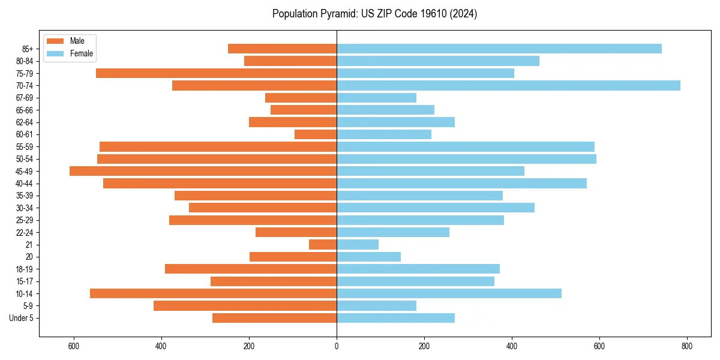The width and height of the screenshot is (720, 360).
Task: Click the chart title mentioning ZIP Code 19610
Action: pyautogui.click(x=374, y=14)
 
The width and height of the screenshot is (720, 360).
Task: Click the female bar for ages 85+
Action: pyautogui.click(x=499, y=49)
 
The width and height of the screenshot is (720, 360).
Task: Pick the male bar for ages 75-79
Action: pyautogui.click(x=216, y=73)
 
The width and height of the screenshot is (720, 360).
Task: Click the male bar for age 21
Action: pyautogui.click(x=323, y=245)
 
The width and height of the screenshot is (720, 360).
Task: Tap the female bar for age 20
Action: pyautogui.click(x=368, y=257)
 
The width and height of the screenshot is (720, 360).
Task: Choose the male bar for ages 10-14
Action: pyautogui.click(x=213, y=293)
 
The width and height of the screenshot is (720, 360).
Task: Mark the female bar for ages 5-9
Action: pyautogui.click(x=376, y=306)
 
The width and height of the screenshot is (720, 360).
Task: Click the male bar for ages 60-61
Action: pyautogui.click(x=316, y=134)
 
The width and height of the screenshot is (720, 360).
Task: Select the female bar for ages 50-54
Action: pyautogui.click(x=466, y=159)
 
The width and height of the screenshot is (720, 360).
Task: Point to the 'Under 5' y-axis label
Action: pyautogui.click(x=22, y=318)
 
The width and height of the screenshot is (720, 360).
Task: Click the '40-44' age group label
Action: pyautogui.click(x=24, y=184)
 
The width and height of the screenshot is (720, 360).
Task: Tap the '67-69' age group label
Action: pyautogui.click(x=24, y=98)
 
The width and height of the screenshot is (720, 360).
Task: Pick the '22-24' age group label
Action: pyautogui.click(x=24, y=233)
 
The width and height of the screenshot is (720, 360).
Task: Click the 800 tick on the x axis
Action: pyautogui.click(x=687, y=346)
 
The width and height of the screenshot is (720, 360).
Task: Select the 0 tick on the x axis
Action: pyautogui.click(x=337, y=346)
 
